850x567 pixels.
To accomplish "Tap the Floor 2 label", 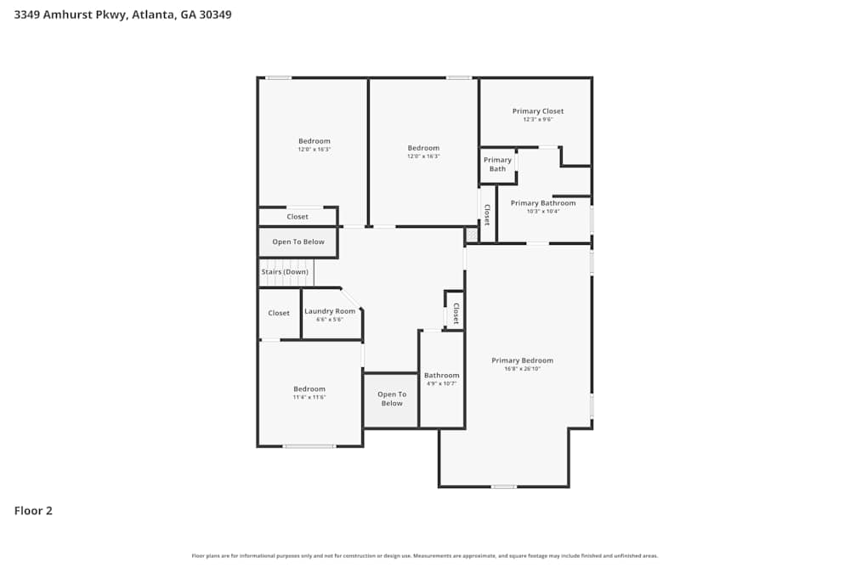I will (33, 511).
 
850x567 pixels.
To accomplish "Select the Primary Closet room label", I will (537, 111).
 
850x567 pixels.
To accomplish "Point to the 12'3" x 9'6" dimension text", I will (537, 120).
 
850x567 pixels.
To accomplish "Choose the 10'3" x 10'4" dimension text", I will (542, 211).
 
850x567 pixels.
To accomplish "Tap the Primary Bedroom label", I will (522, 360).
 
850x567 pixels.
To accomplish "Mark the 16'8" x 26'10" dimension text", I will (522, 369).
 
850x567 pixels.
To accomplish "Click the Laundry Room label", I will (330, 311).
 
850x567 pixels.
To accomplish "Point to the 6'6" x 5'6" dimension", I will (330, 320).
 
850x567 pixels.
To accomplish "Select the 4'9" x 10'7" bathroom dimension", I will (441, 383).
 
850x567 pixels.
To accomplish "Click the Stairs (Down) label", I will (285, 272).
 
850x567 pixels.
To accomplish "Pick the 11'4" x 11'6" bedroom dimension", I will (309, 397).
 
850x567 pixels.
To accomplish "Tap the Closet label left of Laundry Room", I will (279, 313).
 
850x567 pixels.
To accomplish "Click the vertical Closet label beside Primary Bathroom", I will (487, 214).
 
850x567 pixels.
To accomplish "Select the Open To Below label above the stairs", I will (298, 242).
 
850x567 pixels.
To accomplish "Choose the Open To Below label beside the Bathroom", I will (392, 399).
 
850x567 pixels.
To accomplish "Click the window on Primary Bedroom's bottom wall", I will (503, 486).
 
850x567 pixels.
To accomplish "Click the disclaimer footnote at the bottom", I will (425, 556).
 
